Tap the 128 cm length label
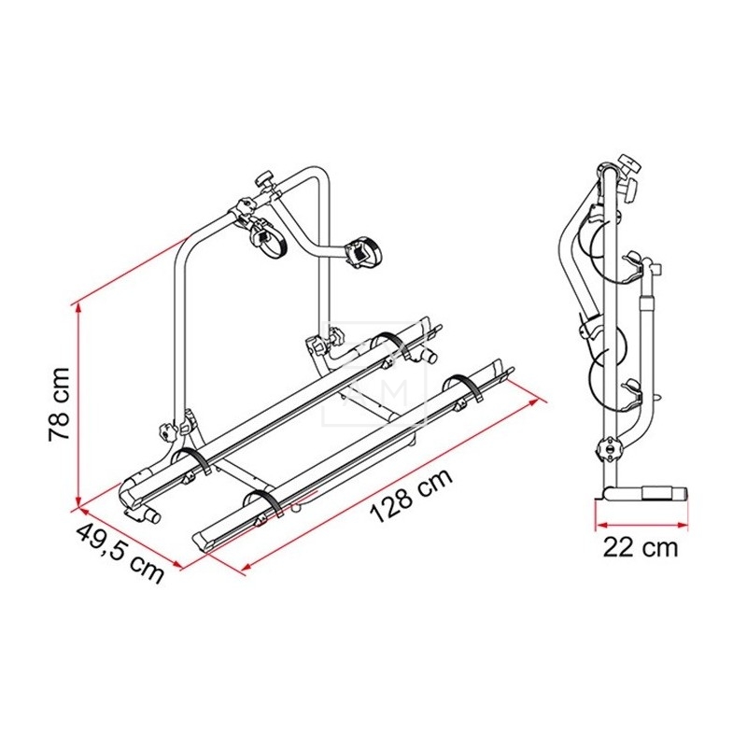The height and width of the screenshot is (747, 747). (411, 496)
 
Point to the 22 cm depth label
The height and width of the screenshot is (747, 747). (641, 547)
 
